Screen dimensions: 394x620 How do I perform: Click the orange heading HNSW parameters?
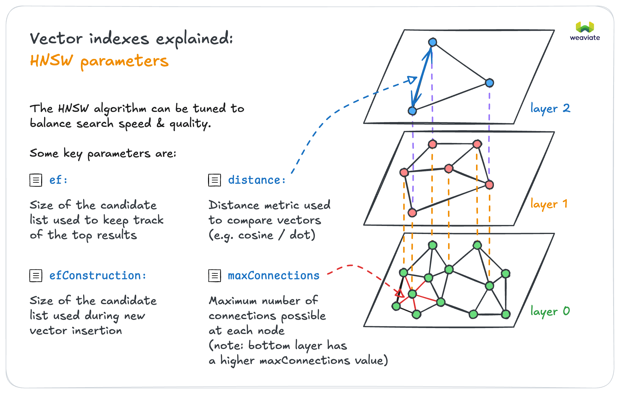coord(99,61)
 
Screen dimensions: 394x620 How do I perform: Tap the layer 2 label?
coord(550,108)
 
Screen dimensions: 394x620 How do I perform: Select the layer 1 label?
coord(549,204)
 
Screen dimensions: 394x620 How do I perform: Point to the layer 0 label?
coord(550,311)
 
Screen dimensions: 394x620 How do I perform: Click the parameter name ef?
coord(58,180)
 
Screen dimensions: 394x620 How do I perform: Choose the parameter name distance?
coord(257,180)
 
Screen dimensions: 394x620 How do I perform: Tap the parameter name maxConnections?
coord(273,275)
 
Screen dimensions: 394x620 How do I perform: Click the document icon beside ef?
coord(36,180)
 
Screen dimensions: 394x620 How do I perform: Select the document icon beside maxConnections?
coord(215,276)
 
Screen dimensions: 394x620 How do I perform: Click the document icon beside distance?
coord(215,180)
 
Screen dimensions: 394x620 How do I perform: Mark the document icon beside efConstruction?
coord(36,276)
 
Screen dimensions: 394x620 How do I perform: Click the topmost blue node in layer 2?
coord(433,42)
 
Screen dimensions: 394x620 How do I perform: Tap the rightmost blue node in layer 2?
coord(489,83)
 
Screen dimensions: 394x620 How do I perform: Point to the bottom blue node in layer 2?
coord(412,111)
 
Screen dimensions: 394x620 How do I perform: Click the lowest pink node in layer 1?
coord(412,213)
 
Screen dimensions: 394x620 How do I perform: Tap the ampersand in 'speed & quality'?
coord(160,123)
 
